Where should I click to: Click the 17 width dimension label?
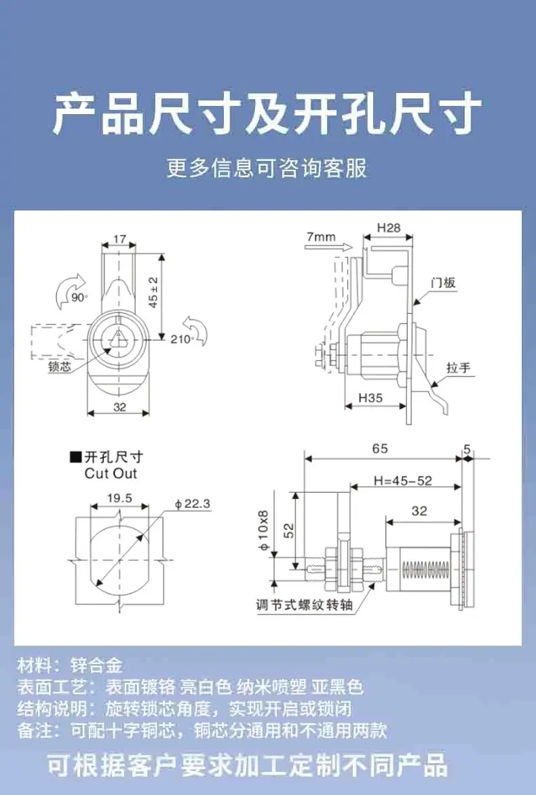[119, 239]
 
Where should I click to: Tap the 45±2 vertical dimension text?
[153, 292]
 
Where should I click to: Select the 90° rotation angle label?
[79, 297]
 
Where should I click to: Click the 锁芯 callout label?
[59, 367]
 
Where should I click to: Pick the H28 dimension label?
[389, 228]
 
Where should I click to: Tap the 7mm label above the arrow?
[321, 237]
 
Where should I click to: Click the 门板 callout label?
[443, 282]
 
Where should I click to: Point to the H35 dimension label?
[370, 398]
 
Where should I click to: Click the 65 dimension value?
[380, 449]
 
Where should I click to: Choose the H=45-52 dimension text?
[403, 481]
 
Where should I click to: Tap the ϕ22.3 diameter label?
[192, 504]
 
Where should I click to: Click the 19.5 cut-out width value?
[119, 498]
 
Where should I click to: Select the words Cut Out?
[111, 474]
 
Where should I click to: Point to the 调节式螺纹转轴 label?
[304, 605]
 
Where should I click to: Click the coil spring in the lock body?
[425, 570]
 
